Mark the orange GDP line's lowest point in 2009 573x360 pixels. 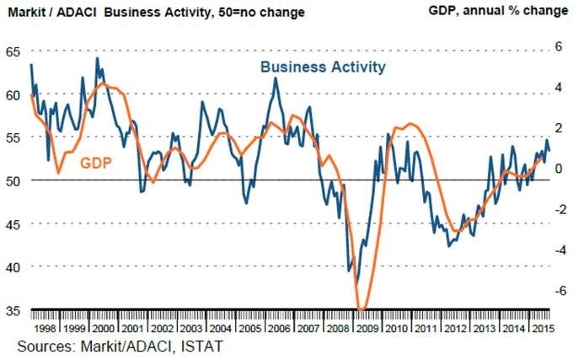pyautogui.click(x=362, y=309)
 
